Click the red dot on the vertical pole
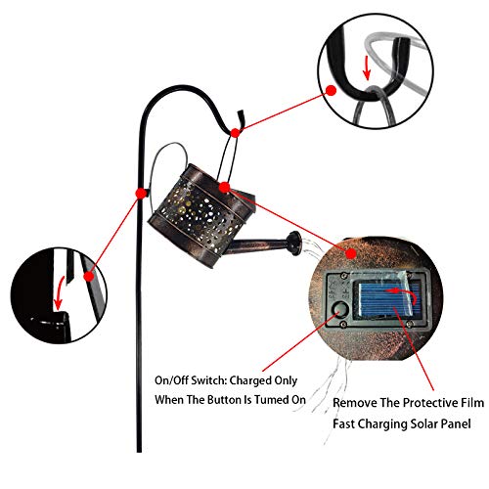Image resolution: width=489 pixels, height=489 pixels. [141, 194]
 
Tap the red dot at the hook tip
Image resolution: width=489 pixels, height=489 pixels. [235, 133]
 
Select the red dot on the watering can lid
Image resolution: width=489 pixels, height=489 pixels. [225, 188]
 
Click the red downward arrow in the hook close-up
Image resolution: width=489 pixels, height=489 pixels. [367, 67]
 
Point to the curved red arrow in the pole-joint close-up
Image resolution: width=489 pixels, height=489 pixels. [60, 292]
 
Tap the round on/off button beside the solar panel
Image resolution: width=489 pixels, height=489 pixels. [339, 309]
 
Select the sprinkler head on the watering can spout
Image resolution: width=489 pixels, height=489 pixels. [294, 243]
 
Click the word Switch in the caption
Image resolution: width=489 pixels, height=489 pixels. [208, 380]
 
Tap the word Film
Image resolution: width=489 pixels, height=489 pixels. [472, 403]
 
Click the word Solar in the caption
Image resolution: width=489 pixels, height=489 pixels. [424, 424]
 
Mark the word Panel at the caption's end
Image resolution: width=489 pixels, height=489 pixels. [456, 424]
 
